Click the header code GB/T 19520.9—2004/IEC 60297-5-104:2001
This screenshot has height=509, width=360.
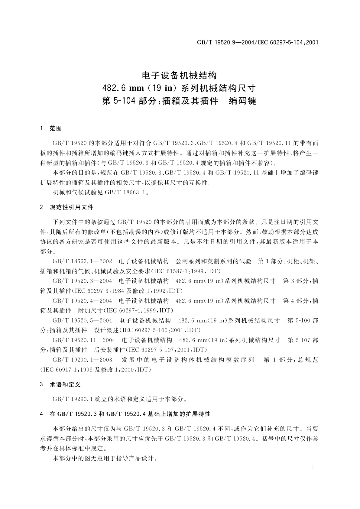(258, 42)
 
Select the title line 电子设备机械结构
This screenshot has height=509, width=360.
(180, 75)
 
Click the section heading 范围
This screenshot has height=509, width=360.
(56, 128)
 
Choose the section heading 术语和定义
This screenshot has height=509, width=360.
(65, 385)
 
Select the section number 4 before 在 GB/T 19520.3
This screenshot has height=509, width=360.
(41, 414)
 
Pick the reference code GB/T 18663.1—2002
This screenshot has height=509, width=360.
(82, 261)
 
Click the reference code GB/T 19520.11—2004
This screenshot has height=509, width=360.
(83, 340)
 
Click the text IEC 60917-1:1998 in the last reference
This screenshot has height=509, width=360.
(68, 370)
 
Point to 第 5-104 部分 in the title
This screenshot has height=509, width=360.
(132, 101)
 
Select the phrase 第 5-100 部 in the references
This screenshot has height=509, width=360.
(303, 320)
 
